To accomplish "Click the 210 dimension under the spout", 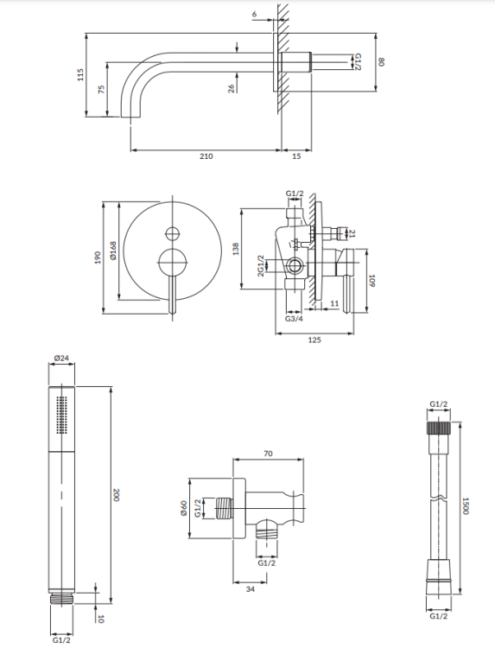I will (206, 156).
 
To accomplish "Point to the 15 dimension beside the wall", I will (296, 156).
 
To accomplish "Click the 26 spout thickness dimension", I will (232, 87).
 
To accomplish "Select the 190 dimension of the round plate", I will (98, 257).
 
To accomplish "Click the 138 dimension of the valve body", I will (235, 249).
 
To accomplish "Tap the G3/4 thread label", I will (294, 320).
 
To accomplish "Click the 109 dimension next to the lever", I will (371, 280).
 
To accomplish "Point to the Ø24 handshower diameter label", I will (60, 357).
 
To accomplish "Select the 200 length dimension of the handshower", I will (116, 494).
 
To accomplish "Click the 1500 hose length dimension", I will (463, 505).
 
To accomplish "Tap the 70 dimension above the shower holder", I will (269, 453).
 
